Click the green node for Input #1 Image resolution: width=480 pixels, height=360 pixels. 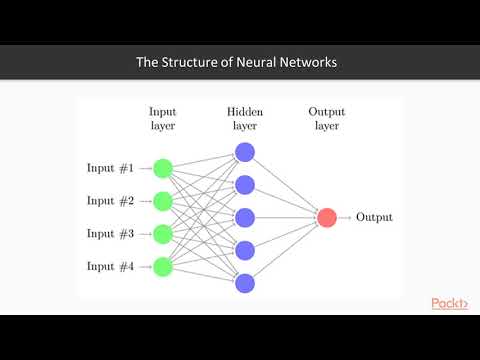pos(163,168)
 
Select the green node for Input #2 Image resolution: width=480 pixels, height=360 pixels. pos(163,201)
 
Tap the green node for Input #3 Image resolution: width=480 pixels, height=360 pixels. pos(163,233)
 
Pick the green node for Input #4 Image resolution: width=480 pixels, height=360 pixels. pos(163,266)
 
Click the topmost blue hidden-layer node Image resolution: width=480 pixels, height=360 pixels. pos(245,152)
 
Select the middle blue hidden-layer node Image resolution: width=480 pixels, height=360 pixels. pos(245,217)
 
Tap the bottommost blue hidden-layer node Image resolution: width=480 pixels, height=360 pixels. pos(245,283)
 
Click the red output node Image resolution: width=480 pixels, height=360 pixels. pos(327,217)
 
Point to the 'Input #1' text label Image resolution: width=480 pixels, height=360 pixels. pos(110,168)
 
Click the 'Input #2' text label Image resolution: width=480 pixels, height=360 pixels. pos(110,201)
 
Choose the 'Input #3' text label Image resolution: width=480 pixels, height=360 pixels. pos(110,233)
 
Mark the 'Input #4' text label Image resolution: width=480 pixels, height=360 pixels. pos(110,266)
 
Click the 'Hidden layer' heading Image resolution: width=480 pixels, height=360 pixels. pos(245,119)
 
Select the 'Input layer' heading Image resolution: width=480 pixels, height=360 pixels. pos(163,119)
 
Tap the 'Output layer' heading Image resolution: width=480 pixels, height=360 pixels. pos(327,119)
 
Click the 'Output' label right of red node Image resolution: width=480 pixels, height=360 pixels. pos(374,217)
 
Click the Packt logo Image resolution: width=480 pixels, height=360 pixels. pos(450,303)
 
